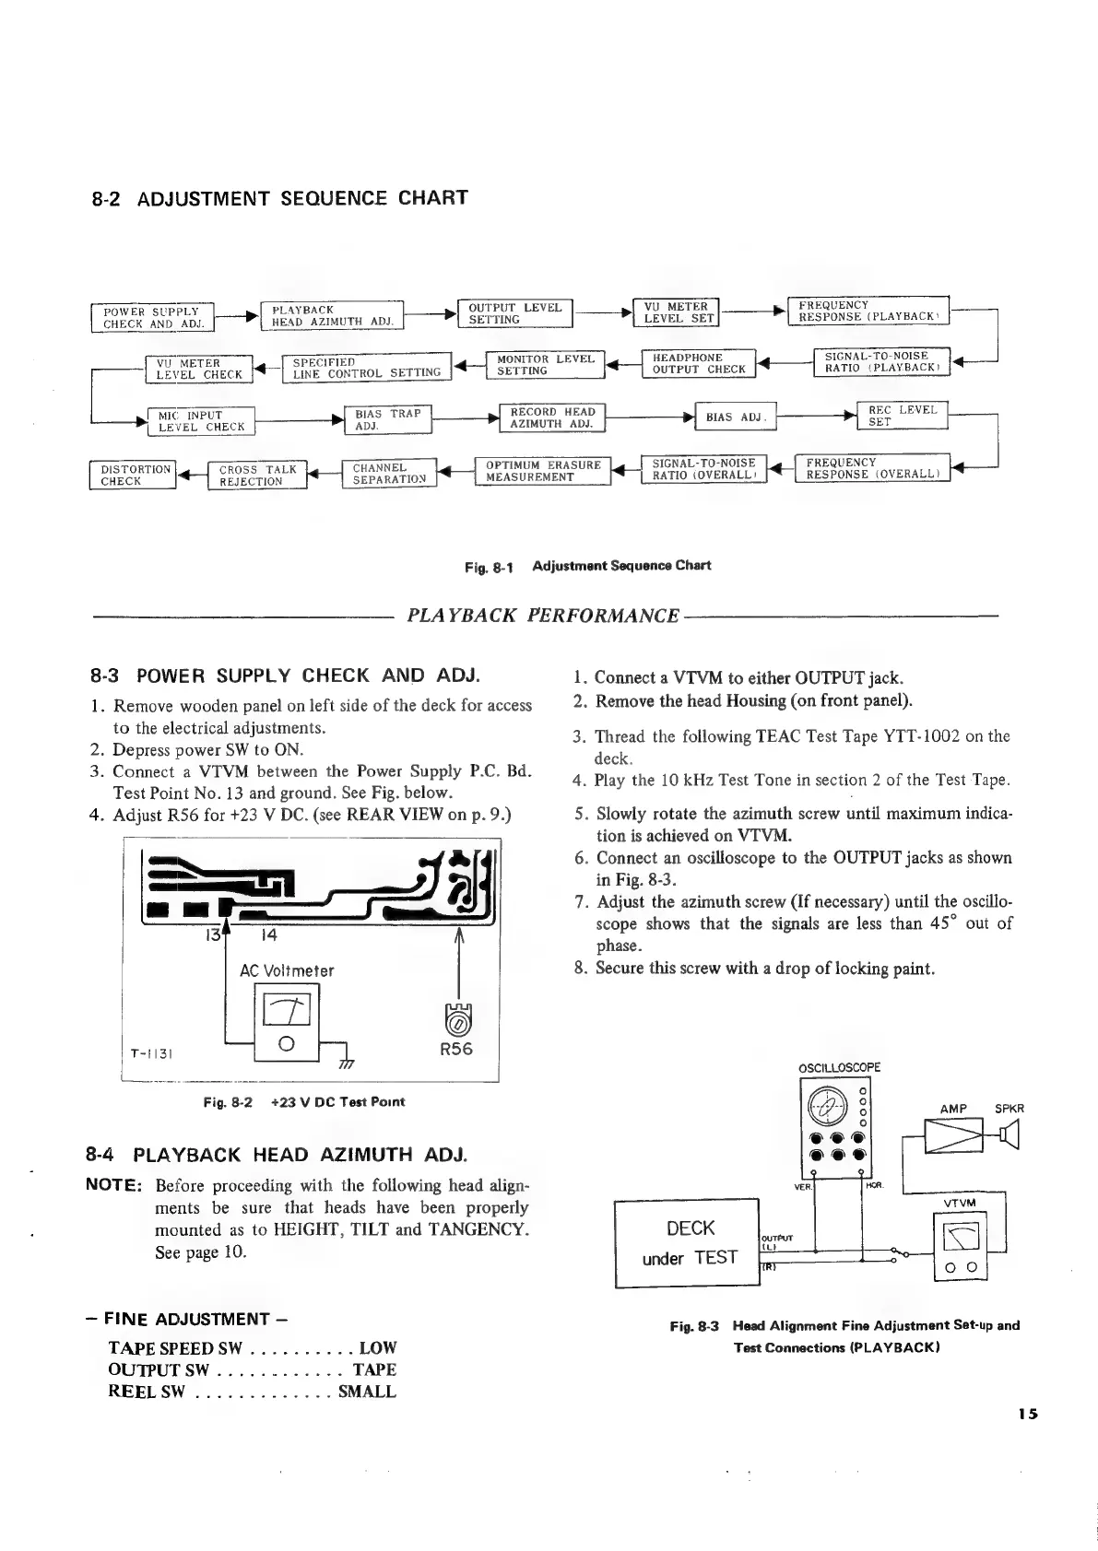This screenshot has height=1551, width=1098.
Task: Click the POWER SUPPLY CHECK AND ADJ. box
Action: coord(152,316)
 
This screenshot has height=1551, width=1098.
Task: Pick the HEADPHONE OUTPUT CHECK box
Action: coord(698,363)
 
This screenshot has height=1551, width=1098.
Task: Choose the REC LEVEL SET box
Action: coord(902,416)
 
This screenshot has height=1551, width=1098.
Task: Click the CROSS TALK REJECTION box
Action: coord(257,476)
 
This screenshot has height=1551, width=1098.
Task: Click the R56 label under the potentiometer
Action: coord(455,1049)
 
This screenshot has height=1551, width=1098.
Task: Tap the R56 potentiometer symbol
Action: coord(459,1020)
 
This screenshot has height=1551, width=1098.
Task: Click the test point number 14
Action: coord(269,934)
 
